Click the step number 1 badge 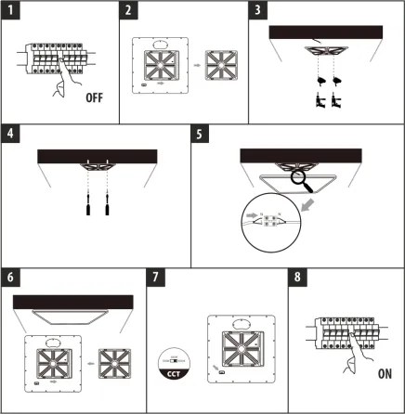(x=10, y=10)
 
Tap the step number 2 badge (x=128, y=10)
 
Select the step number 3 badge (x=257, y=10)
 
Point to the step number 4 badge (x=10, y=134)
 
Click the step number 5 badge (x=200, y=134)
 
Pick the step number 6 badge (x=10, y=278)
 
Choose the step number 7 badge (x=156, y=278)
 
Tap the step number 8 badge (x=297, y=278)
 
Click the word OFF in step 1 (x=94, y=97)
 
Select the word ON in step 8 (x=385, y=374)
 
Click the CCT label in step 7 (x=174, y=374)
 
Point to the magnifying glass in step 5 (x=302, y=181)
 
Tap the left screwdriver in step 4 (x=88, y=204)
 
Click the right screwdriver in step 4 (x=107, y=204)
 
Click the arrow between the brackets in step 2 (x=197, y=65)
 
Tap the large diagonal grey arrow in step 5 (x=307, y=205)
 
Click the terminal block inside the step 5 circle (x=270, y=220)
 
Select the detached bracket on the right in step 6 (x=114, y=364)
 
